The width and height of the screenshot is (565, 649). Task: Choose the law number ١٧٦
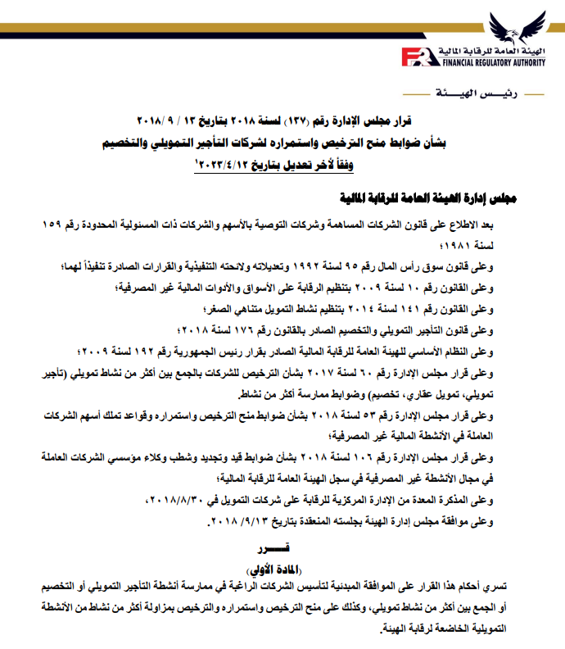[x=255, y=330]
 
